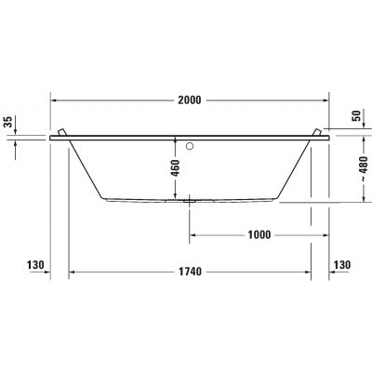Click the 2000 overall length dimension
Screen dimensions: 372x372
[x=189, y=100]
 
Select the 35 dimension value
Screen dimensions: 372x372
[x=9, y=121]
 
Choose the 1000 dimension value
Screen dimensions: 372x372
[x=259, y=234]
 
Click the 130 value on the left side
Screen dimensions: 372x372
[x=37, y=266]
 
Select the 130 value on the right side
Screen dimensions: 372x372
[x=341, y=266]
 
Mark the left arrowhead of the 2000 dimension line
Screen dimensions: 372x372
[x=53, y=100]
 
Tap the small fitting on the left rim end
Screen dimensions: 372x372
[x=61, y=131]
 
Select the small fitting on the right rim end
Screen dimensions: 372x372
[x=319, y=131]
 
